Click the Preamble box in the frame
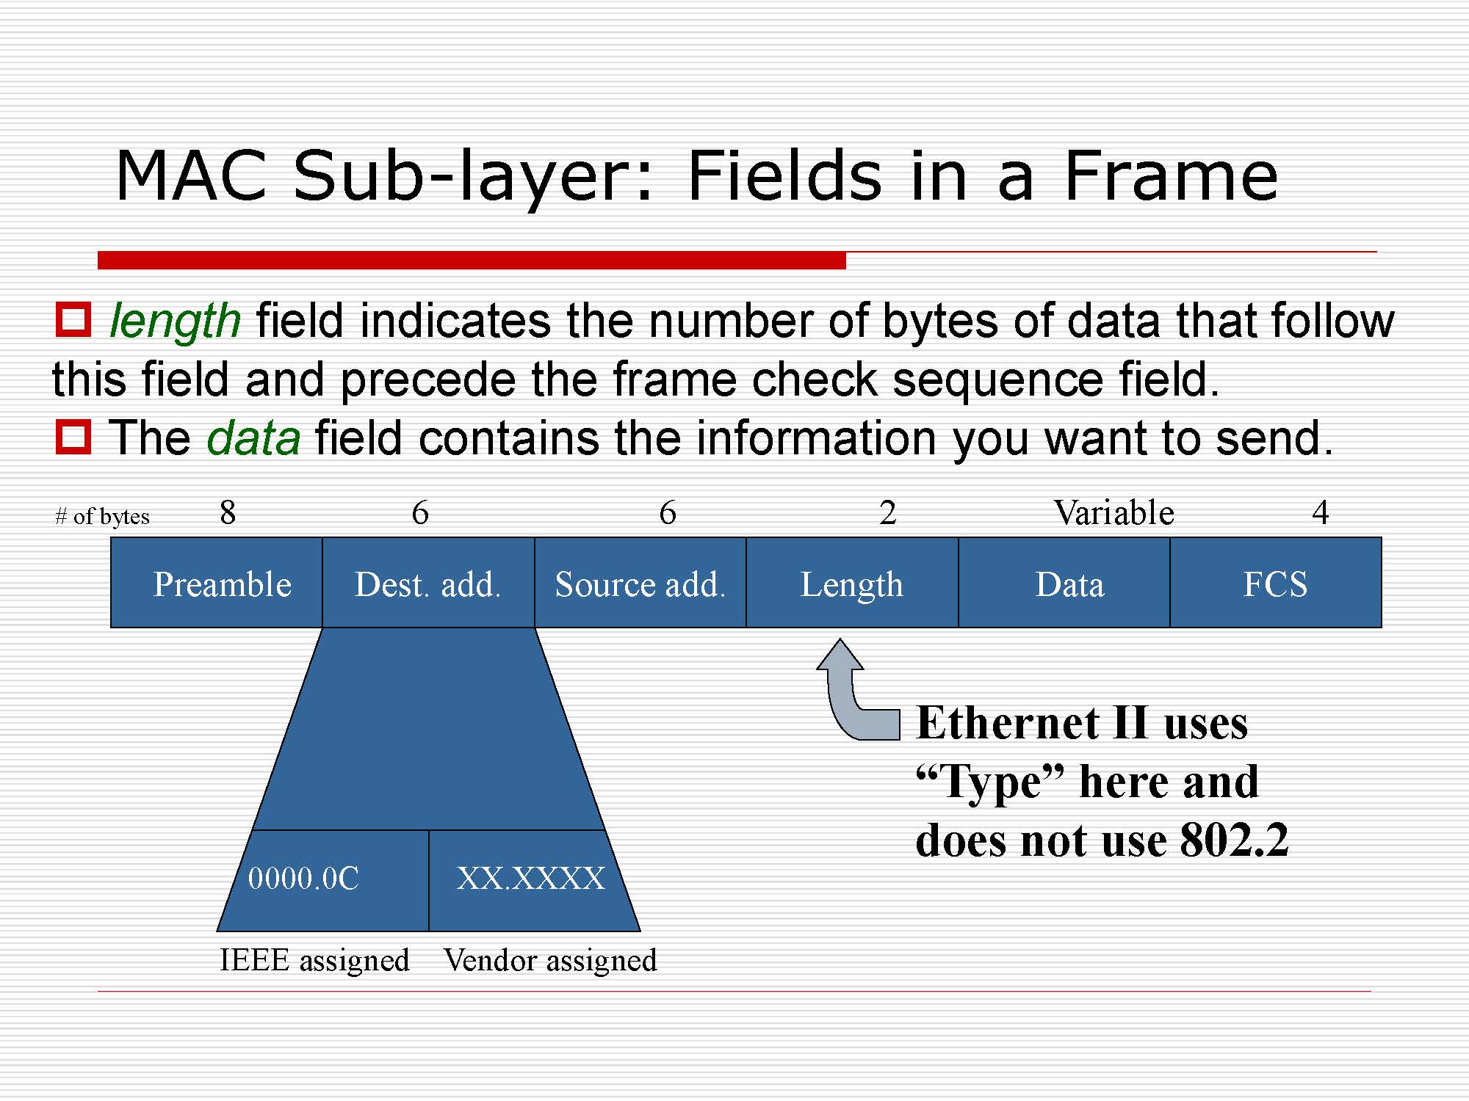coord(217,583)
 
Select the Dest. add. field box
coord(428,583)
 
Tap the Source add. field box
coord(640,583)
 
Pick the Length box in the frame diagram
coord(852,583)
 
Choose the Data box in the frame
coord(1064,583)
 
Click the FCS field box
coord(1276,583)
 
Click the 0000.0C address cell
coord(323,880)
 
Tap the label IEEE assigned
coord(314,960)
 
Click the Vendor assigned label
coord(550,960)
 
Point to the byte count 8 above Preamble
coord(228,512)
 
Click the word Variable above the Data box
coord(1114,512)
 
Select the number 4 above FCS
coord(1321,512)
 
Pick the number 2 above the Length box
coord(888,512)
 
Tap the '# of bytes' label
coord(102,517)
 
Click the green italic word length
coord(175,321)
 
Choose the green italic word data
coord(253,438)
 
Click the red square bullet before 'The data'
coord(73,437)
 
